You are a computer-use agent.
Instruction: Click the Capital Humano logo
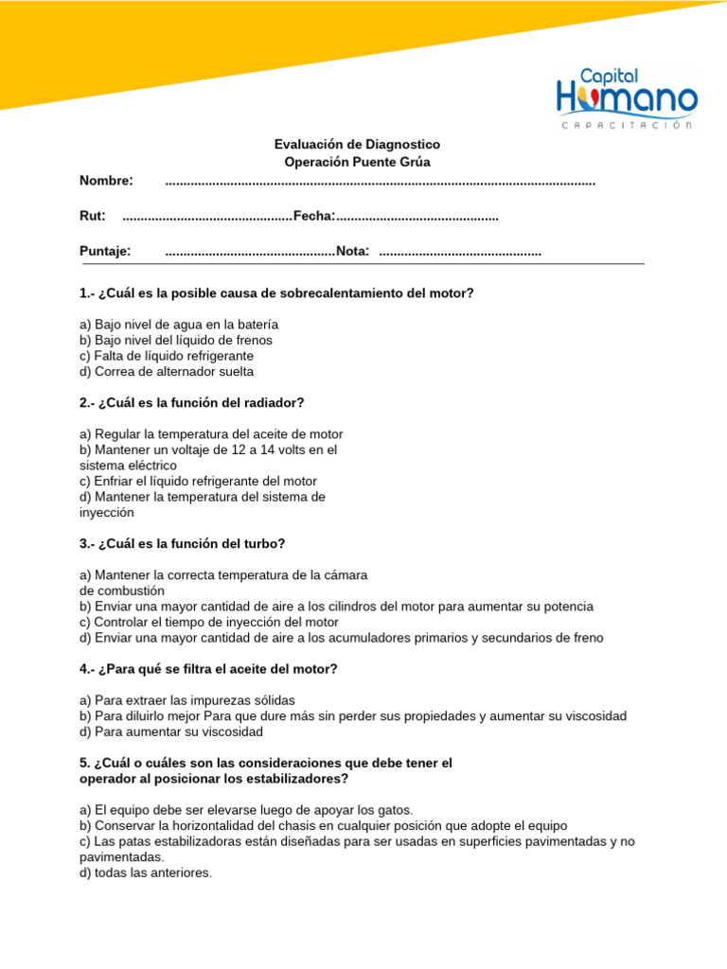627,97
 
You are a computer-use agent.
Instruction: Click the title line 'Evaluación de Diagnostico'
357,145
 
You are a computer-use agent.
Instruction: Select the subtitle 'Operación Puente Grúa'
357,162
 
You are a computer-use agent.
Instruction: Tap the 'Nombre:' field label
106,181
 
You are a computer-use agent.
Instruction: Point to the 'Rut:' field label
92,217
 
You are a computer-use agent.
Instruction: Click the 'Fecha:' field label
314,217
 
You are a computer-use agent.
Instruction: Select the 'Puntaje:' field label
105,252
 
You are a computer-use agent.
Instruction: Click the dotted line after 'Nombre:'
380,182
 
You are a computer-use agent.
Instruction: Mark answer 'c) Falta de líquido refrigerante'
167,356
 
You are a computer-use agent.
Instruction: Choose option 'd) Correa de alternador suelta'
167,372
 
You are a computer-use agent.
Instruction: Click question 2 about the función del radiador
192,403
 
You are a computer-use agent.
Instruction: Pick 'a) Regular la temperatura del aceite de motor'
211,434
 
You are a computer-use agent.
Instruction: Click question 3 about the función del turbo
182,544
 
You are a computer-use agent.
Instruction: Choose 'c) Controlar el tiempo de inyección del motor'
209,623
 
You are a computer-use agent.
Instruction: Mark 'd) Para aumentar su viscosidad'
171,731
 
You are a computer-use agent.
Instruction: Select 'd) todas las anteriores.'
146,872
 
